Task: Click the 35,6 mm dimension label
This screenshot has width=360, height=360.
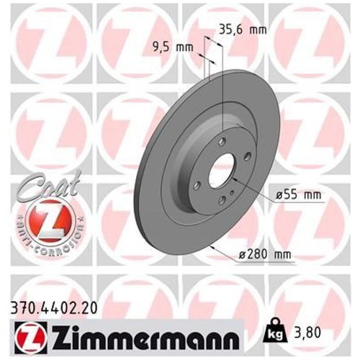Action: tap(243, 30)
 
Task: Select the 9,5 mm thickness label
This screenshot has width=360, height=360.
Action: tap(173, 47)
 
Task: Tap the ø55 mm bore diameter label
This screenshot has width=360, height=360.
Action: tap(298, 195)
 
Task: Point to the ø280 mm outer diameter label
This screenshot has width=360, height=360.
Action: tap(265, 254)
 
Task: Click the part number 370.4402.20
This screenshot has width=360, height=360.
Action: tap(54, 308)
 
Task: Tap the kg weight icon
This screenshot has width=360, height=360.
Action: tap(275, 330)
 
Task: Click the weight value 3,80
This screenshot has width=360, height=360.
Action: tap(307, 333)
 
